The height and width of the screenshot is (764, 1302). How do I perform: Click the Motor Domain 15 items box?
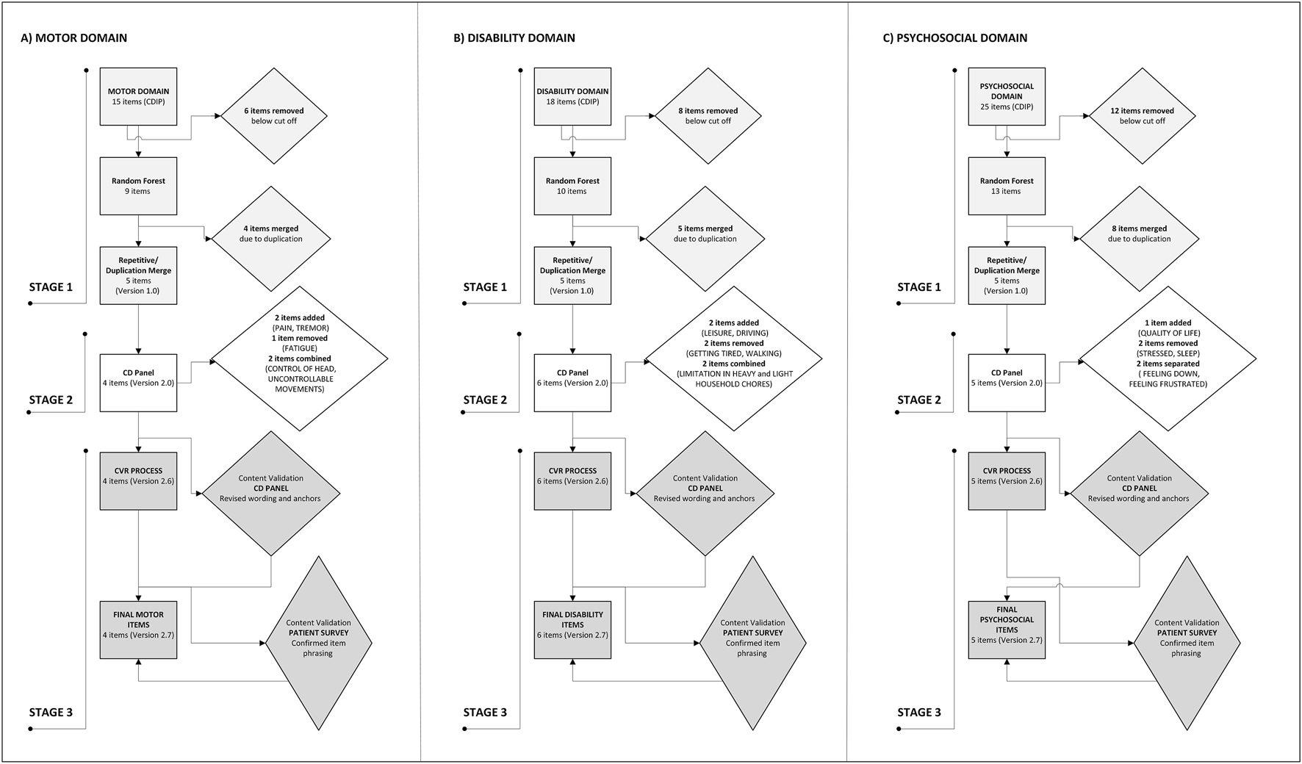tap(138, 97)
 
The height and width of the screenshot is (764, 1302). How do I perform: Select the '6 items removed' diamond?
tap(274, 115)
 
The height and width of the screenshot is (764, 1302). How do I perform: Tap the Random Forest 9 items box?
tap(138, 186)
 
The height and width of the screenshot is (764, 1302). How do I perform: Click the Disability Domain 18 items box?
tap(572, 97)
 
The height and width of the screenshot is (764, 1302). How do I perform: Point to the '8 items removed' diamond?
tap(708, 115)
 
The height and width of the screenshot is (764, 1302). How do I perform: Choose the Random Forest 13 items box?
tap(1007, 186)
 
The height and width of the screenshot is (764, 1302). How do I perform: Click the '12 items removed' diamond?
tap(1143, 115)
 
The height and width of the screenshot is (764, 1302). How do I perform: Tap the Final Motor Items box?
tap(138, 630)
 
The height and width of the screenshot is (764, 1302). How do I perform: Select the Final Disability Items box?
tap(572, 630)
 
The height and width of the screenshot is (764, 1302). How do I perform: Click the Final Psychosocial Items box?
tap(1007, 630)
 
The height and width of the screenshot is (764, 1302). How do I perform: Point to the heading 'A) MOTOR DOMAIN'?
tap(73, 38)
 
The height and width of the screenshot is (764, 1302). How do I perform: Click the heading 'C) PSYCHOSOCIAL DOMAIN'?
tap(954, 38)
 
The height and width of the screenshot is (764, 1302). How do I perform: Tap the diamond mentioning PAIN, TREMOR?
tap(300, 358)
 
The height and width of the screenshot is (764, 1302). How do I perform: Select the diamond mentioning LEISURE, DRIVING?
tap(734, 358)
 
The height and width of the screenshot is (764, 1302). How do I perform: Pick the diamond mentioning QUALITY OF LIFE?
tap(1168, 358)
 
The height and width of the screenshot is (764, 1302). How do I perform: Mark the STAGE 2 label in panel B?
tap(485, 400)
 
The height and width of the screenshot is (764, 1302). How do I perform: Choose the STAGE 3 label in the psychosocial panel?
tap(919, 712)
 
